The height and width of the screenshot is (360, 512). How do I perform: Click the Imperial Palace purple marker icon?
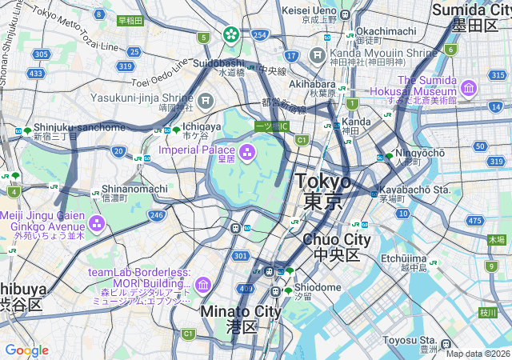[247, 150]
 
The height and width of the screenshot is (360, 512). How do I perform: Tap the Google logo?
[26, 350]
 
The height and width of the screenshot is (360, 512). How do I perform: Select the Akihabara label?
[311, 83]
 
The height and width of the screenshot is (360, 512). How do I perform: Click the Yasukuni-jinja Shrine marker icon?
[206, 101]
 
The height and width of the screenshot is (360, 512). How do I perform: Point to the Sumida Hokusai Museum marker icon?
[469, 86]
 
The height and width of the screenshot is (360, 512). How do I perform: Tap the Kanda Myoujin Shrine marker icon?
[318, 56]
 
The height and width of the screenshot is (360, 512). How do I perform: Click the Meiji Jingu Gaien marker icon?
[97, 221]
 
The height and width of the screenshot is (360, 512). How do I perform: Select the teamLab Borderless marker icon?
[202, 284]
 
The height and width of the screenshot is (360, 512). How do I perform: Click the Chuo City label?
[336, 239]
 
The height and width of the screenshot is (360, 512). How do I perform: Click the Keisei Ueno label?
[309, 10]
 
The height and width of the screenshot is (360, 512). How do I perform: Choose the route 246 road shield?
[156, 214]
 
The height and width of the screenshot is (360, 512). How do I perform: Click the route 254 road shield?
[259, 36]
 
